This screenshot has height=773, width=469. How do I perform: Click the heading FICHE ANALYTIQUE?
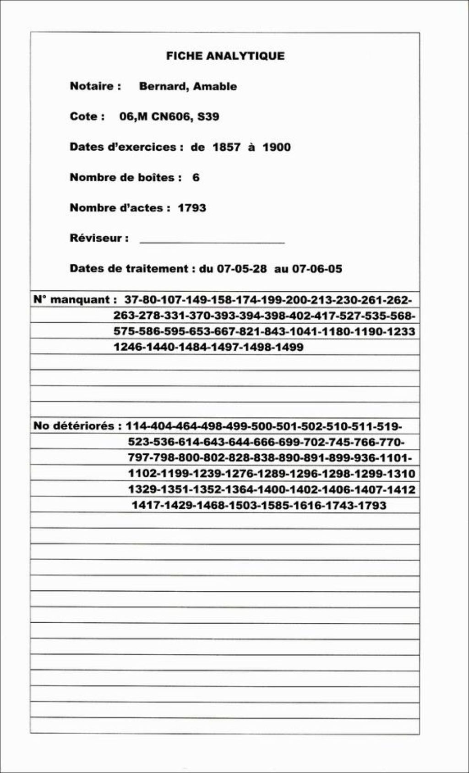pos(225,56)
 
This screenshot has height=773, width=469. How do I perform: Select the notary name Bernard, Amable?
pos(188,87)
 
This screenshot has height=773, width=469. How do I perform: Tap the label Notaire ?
pos(95,86)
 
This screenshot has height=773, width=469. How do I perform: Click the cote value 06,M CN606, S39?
pos(169,117)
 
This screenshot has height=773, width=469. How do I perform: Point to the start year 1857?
pos(226,147)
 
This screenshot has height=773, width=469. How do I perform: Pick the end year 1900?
pos(277,147)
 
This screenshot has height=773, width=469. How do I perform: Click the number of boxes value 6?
pos(196,178)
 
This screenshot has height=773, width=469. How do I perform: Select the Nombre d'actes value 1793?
pos(192,208)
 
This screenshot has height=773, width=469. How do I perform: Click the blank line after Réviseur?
pos(212,240)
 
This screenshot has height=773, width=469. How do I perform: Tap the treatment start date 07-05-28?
pos(241,269)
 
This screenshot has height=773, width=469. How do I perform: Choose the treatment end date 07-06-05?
pos(317,269)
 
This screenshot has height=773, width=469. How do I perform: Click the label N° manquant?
pos(71,300)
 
